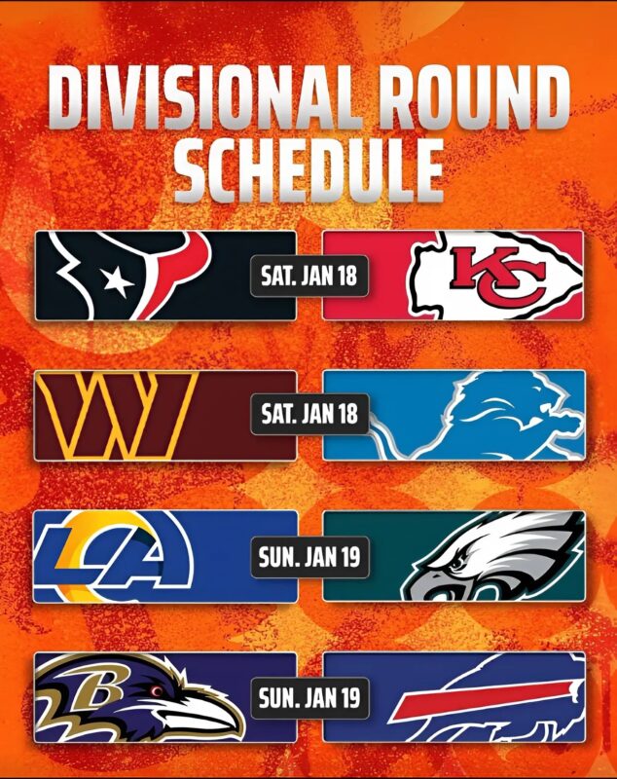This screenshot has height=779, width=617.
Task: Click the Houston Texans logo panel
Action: pos(165,276)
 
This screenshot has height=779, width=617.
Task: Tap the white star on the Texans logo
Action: pos(118,281)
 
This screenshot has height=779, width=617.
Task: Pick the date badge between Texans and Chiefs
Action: pos(309,276)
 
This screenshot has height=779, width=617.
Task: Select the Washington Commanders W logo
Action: pos(117,416)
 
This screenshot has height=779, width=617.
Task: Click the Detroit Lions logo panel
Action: pos(454,416)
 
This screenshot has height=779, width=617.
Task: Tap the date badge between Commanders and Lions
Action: pos(309,414)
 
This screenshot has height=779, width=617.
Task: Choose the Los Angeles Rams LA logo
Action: pos(114,556)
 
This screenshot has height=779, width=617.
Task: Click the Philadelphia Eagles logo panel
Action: pos(454,556)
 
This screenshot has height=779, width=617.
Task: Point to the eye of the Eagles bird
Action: pos(455,566)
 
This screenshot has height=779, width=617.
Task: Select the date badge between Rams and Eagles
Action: pos(309,557)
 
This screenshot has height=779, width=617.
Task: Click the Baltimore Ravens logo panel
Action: pos(165,697)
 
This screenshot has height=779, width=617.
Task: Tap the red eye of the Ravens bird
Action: pos(157,691)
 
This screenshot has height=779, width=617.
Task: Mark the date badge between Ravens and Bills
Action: pos(309,698)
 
